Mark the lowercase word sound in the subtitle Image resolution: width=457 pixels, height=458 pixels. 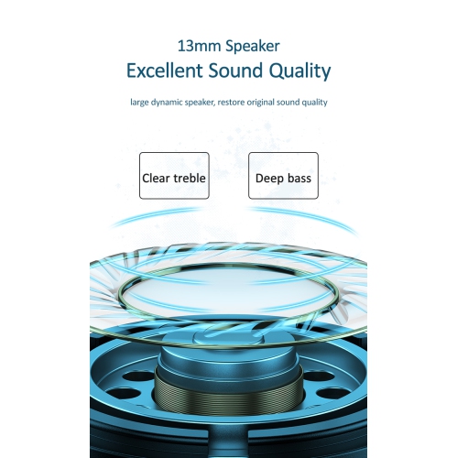tap(292, 102)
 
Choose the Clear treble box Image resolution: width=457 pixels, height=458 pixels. tap(174, 176)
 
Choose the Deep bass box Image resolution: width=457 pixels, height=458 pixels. tap(283, 176)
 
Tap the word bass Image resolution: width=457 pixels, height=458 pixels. tap(299, 178)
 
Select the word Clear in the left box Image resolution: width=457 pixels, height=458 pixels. tap(155, 178)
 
